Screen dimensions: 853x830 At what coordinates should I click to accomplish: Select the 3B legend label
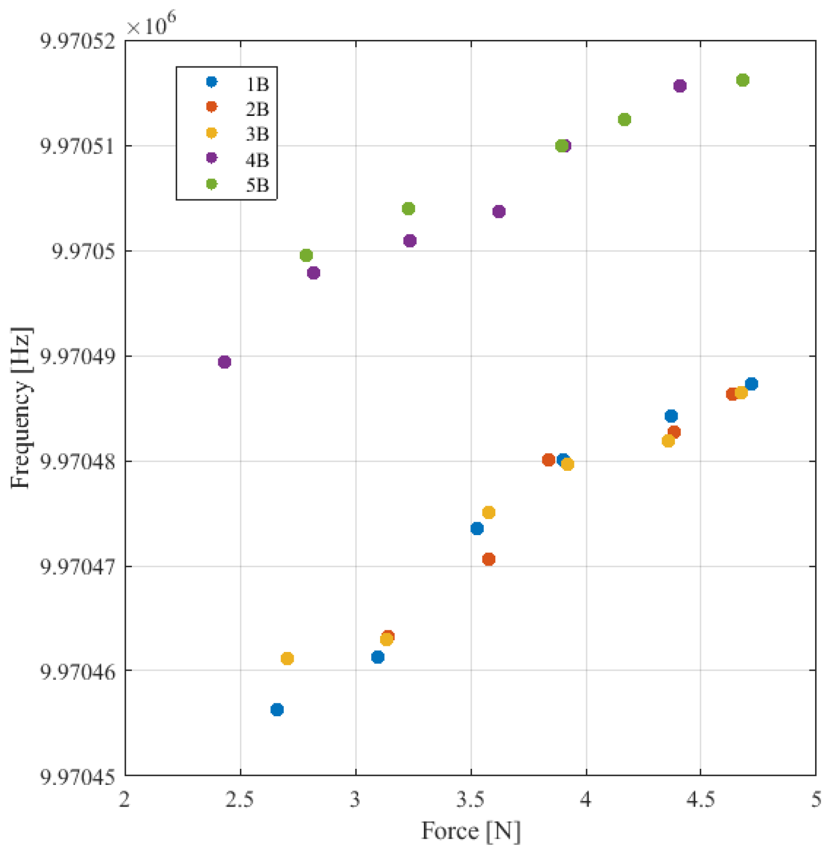click(257, 135)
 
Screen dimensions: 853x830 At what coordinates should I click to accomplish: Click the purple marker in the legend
click(211, 158)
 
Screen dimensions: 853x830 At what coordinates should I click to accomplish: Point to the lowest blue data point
click(277, 710)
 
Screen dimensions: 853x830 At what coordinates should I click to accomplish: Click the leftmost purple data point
click(224, 362)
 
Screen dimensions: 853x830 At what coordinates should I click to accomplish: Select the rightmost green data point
click(742, 80)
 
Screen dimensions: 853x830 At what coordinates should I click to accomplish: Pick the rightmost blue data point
click(751, 384)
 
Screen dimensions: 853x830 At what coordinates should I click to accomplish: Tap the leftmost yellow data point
click(287, 659)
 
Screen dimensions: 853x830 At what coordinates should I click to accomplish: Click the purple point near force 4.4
click(680, 86)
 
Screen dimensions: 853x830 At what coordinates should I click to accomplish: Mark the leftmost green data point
click(306, 255)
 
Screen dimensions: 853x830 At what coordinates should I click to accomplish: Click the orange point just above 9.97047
click(488, 559)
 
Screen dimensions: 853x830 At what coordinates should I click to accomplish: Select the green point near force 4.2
click(624, 120)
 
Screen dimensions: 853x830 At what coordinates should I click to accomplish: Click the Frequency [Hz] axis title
click(21, 408)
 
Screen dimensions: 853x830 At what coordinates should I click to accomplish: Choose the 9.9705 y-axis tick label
click(84, 251)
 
